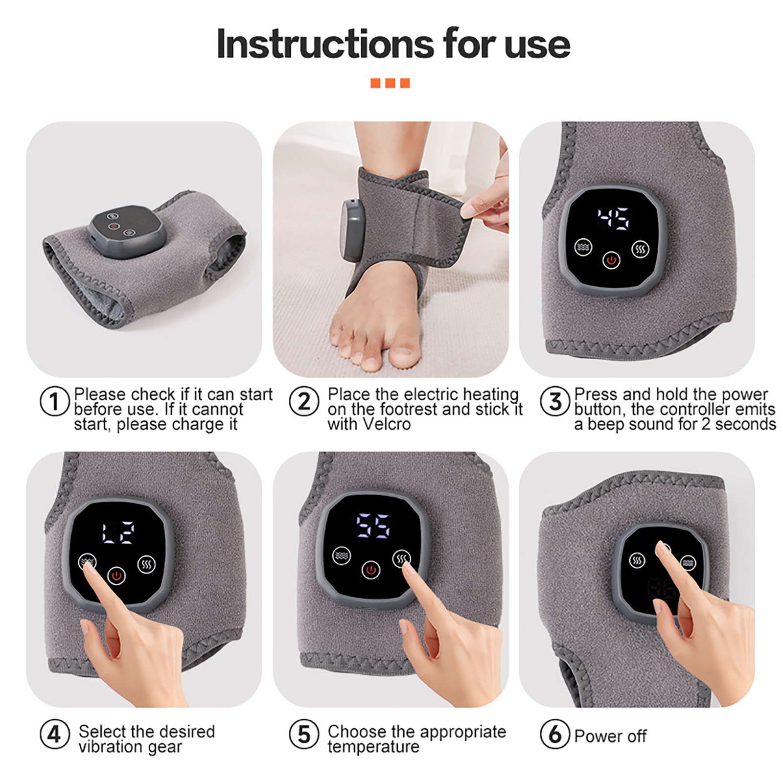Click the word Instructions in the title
[325, 44]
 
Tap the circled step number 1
[54, 401]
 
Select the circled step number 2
[304, 401]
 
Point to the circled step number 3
[555, 401]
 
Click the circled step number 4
[54, 734]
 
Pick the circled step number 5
[304, 734]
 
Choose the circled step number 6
[555, 734]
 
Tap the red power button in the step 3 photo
[611, 260]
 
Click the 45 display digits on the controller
[613, 218]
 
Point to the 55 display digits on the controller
[373, 526]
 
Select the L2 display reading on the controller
[118, 532]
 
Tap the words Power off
[610, 736]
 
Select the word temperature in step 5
[373, 747]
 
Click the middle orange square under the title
[390, 83]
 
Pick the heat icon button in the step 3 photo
[641, 250]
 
